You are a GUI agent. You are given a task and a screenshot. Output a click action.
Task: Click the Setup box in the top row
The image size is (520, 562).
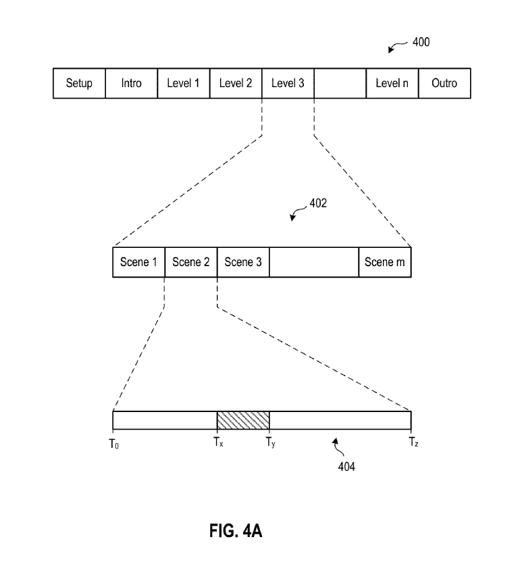point(79,84)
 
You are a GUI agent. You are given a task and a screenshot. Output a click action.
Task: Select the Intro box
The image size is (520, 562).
point(132,84)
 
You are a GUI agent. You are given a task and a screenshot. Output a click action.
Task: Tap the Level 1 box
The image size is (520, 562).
point(184,84)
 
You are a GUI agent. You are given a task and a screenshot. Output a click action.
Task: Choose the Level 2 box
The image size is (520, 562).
point(236,84)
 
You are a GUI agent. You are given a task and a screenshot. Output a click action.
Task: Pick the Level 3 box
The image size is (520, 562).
point(288,84)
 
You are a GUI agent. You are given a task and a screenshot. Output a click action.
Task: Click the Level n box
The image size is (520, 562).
point(392,84)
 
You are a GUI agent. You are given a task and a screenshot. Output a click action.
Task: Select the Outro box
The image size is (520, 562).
point(444,84)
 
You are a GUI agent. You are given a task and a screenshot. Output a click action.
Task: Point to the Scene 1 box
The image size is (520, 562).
point(138,262)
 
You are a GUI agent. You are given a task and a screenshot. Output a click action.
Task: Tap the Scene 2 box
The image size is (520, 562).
point(191,262)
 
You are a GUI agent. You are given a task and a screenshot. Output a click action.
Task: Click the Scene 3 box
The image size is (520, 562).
point(243,262)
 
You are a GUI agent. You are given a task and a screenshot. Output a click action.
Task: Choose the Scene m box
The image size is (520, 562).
point(385,262)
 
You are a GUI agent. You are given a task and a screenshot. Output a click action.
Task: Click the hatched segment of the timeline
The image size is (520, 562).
point(243,420)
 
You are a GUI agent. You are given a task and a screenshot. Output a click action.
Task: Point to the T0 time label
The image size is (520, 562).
point(113,444)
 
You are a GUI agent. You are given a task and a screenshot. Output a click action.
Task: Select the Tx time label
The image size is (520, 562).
point(217,444)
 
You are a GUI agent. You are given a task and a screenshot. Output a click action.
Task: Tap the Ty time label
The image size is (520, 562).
point(270,444)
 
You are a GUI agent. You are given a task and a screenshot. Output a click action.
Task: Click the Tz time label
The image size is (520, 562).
point(413,444)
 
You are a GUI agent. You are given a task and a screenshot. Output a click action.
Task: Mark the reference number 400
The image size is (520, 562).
point(421,43)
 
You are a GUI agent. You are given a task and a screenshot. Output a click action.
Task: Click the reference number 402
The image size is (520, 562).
point(318,203)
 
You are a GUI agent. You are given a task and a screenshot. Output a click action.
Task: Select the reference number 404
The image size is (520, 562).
point(346,466)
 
